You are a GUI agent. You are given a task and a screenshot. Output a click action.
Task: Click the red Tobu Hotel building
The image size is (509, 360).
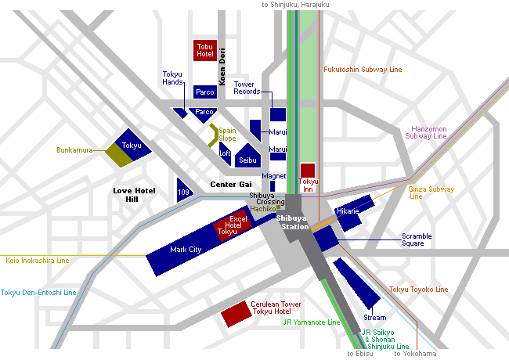(205, 51)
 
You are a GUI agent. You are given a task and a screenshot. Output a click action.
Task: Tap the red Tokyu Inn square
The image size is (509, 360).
(308, 171)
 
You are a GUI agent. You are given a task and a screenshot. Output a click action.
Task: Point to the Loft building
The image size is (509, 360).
(226, 151)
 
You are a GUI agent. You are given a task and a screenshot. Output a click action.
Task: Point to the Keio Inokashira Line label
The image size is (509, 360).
(37, 261)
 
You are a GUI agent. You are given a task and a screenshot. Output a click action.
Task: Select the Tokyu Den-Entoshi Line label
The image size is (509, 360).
(38, 293)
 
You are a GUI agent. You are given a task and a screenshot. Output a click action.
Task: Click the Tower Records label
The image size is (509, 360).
(245, 88)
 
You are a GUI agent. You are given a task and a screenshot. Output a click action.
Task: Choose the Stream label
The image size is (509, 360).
(374, 318)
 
